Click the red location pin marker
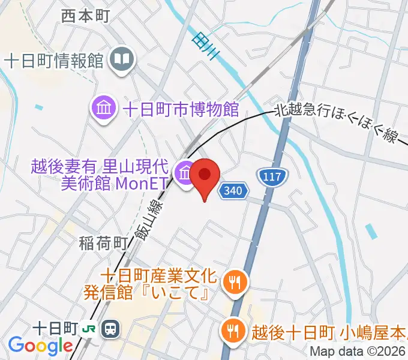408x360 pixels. click(205, 176)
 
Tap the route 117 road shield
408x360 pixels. click(273, 176)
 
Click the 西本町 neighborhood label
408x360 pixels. click(86, 16)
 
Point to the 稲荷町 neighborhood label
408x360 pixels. click(103, 243)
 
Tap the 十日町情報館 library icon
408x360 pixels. click(123, 60)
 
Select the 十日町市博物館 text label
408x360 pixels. click(181, 109)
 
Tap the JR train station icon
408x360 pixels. click(110, 328)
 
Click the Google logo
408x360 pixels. click(40, 346)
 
